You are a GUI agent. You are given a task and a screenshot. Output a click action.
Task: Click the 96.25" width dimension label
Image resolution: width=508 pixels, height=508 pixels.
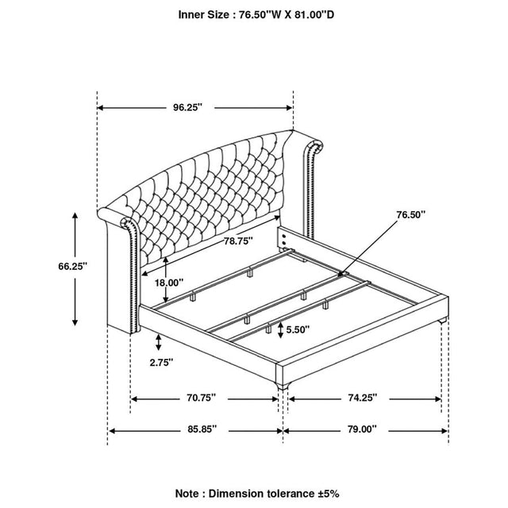pyautogui.click(x=187, y=107)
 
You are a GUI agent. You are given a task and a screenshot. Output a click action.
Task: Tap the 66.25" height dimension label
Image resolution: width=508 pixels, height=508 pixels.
pyautogui.click(x=73, y=267)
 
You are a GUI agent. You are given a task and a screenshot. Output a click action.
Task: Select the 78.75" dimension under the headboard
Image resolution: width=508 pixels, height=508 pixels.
pyautogui.click(x=238, y=241)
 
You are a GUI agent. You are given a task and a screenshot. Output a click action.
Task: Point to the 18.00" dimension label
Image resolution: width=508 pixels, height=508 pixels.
pyautogui.click(x=169, y=283)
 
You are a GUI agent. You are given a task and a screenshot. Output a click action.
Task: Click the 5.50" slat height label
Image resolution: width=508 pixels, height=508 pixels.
pyautogui.click(x=298, y=329)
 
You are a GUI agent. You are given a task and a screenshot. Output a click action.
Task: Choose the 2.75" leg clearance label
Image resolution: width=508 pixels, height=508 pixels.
pyautogui.click(x=161, y=362)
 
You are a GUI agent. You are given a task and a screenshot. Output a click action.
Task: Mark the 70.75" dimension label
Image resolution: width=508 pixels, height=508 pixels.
pyautogui.click(x=201, y=398)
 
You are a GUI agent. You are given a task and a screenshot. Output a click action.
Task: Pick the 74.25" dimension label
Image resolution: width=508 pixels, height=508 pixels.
pyautogui.click(x=363, y=398)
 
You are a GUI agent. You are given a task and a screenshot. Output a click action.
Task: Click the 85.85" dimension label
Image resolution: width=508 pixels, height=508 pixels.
pyautogui.click(x=202, y=429)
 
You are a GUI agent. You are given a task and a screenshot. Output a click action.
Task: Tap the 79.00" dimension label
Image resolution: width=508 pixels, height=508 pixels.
pyautogui.click(x=362, y=429)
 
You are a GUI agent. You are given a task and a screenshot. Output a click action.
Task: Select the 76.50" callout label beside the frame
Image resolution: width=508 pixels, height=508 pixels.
pyautogui.click(x=411, y=214)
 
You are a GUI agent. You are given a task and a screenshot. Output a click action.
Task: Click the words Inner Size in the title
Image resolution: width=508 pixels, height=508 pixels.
pyautogui.click(x=203, y=15)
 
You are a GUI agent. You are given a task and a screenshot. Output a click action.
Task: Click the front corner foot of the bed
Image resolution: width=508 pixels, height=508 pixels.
pyautogui.click(x=283, y=386)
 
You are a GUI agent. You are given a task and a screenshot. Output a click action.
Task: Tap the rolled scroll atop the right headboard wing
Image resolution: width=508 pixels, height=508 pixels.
pyautogui.click(x=314, y=146)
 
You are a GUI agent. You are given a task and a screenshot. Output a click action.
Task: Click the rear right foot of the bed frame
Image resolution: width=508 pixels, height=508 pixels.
pyautogui.click(x=443, y=321)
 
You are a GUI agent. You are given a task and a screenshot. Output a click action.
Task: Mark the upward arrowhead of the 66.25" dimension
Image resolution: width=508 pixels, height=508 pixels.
pyautogui.click(x=75, y=216)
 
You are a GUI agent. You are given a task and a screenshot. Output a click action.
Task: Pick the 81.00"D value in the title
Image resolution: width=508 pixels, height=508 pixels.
pyautogui.click(x=314, y=15)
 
